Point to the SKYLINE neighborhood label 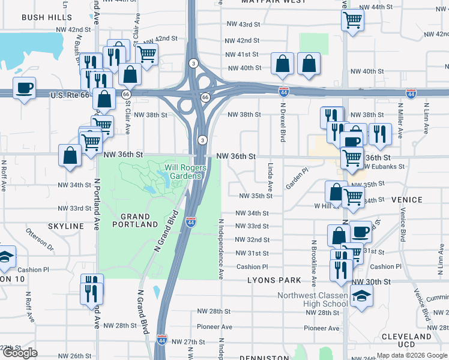pos(66,226)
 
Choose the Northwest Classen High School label pos(312,299)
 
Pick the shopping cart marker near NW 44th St pos(352,19)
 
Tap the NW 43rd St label pos(243,25)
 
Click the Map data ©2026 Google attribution pos(412,355)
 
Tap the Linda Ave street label pos(271,172)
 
